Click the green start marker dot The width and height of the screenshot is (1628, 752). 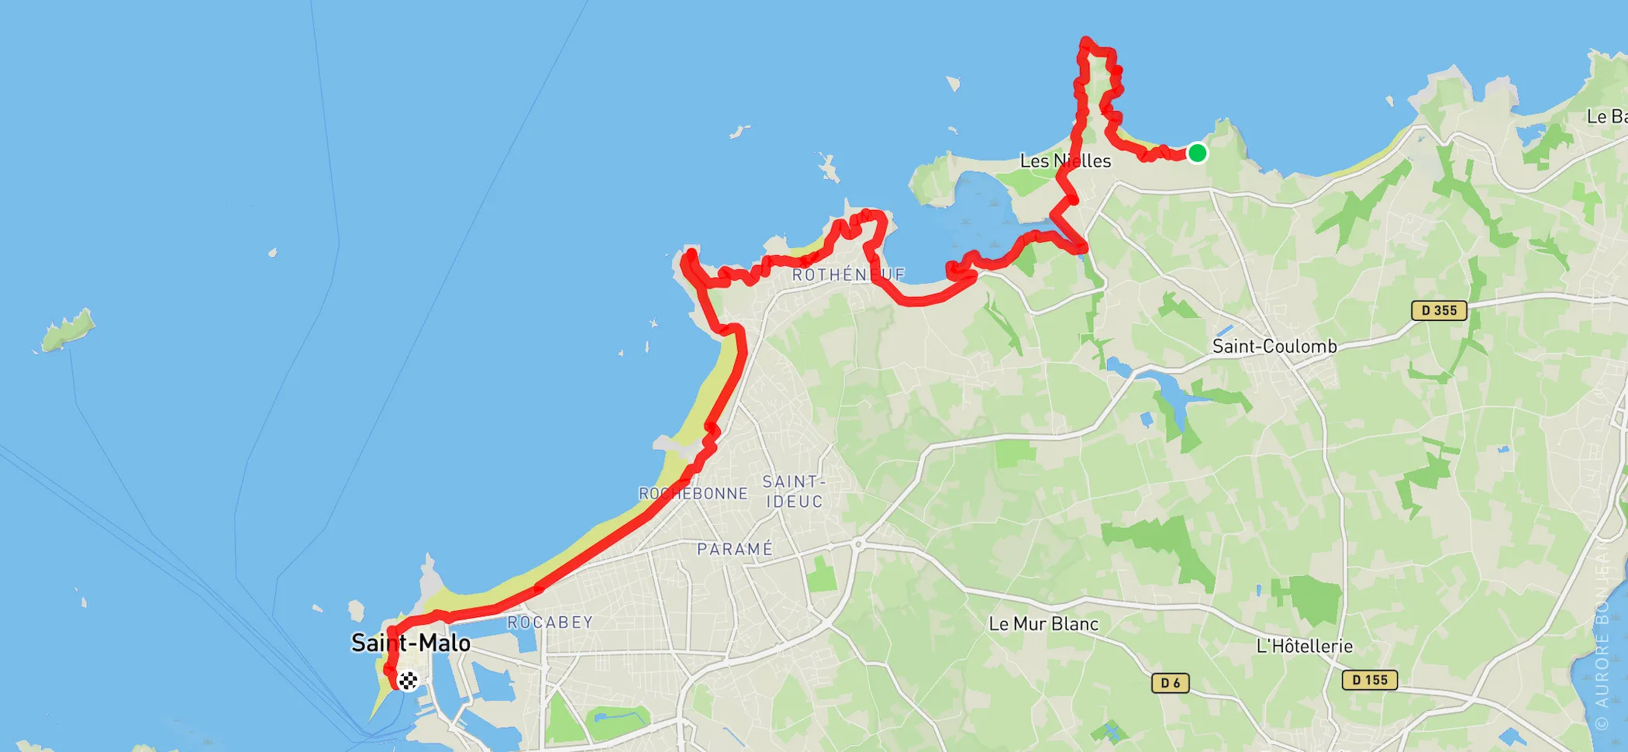coord(1197,153)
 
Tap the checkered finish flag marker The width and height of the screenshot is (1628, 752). coord(408,680)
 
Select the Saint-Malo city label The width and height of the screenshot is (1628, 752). coord(410,643)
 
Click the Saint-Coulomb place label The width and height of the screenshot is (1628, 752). coord(1274,346)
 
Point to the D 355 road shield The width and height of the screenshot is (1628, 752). coord(1439,310)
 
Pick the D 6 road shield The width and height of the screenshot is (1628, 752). coord(1170,682)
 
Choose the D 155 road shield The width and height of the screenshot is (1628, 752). coord(1369,680)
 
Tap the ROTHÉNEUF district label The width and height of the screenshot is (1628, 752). coord(848,274)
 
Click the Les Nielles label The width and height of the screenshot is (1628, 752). coord(1065,160)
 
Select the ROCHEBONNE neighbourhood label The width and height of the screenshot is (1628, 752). coord(693,493)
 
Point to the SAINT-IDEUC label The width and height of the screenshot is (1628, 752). coord(794,492)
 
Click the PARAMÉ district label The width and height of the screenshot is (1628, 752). coord(735,549)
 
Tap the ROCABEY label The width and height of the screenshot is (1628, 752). coord(550,622)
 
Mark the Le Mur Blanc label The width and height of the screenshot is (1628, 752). coord(1043,623)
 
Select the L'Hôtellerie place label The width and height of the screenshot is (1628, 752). coord(1304,646)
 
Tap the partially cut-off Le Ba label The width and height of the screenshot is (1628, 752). coord(1606,116)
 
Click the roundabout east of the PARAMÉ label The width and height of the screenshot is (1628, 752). coord(858,545)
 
